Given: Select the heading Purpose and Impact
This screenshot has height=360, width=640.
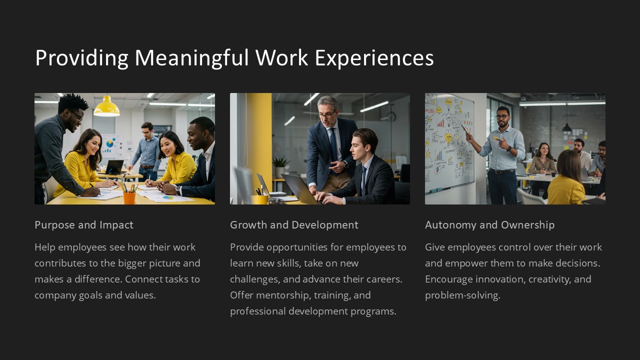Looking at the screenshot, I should pyautogui.click(x=84, y=225).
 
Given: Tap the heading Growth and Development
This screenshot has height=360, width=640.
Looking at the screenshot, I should pyautogui.click(x=294, y=225).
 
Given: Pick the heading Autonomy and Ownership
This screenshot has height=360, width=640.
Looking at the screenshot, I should pyautogui.click(x=489, y=225).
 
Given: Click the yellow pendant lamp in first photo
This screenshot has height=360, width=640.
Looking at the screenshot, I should pyautogui.click(x=106, y=106).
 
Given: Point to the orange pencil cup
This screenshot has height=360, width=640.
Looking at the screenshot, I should pyautogui.click(x=129, y=197).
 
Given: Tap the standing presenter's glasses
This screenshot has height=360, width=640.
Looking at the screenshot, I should pyautogui.click(x=502, y=117).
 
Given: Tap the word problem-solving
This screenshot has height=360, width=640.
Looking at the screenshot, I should pyautogui.click(x=462, y=295).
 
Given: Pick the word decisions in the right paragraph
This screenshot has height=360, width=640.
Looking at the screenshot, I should pyautogui.click(x=577, y=263).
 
